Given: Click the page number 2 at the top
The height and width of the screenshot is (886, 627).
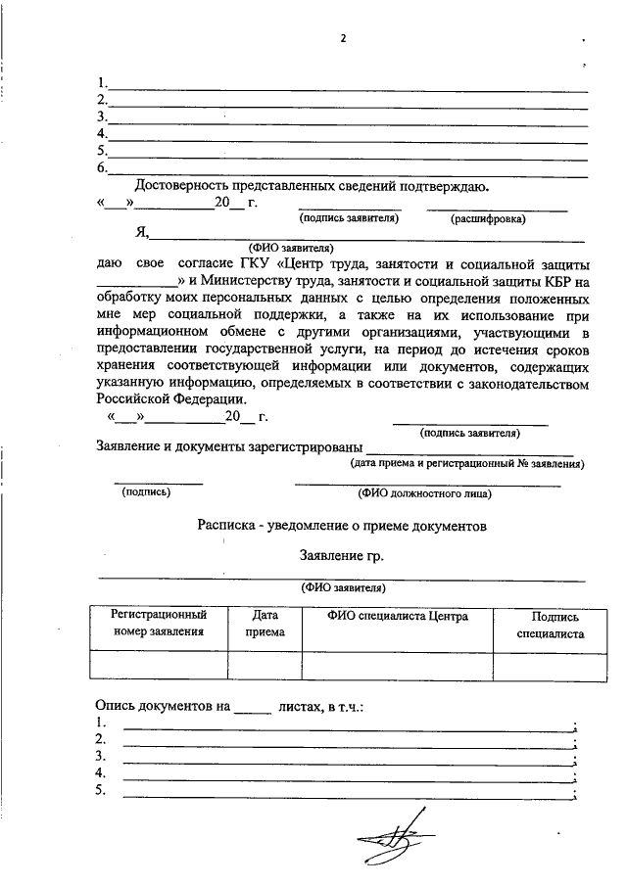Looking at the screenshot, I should tap(343, 39).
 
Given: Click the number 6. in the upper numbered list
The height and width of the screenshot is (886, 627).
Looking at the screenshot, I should tap(101, 168).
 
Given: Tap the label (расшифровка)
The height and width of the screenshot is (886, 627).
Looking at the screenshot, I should tap(488, 218).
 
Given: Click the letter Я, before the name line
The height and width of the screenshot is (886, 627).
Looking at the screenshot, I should tap(141, 233).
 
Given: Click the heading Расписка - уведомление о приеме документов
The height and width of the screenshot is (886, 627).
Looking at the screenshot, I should tap(341, 526).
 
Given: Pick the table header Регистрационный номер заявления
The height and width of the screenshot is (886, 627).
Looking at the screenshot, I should tap(158, 624).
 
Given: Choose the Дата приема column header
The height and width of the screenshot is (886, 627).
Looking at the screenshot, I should tap(265, 624).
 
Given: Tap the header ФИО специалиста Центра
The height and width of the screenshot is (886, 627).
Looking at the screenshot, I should tap(397, 616).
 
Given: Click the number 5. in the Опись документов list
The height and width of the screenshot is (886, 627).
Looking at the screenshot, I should tap(101, 791).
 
